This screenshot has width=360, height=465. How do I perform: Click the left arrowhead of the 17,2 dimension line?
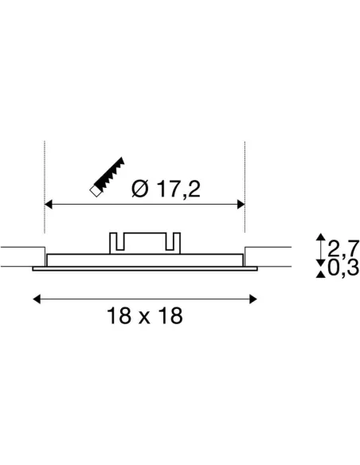48,205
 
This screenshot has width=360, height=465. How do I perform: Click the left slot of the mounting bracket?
115,241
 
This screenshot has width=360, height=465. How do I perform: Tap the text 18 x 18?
145,316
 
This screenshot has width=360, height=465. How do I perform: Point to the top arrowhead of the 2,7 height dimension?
320,238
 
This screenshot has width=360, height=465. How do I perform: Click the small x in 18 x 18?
145,318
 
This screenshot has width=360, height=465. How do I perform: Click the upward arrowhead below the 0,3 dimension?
320,275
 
